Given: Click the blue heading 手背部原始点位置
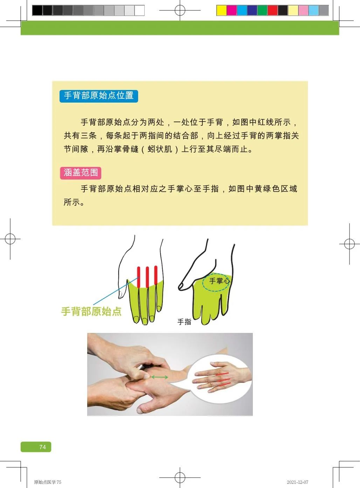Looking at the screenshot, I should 99,96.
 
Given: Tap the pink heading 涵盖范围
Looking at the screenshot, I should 81,173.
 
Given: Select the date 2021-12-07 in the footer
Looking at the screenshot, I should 297,482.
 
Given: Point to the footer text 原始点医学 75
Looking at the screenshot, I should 48,482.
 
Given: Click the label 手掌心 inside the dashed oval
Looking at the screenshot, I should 219,281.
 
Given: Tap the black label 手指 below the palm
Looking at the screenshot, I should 184,322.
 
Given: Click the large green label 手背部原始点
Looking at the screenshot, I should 91,311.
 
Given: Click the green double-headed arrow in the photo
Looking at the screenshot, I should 159,377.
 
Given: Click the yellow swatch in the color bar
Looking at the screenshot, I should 221,11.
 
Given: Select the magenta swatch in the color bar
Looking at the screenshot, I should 231,11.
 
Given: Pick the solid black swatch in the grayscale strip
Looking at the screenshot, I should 37,11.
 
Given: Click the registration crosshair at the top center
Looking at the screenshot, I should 180,10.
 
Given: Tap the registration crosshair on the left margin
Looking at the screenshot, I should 10,239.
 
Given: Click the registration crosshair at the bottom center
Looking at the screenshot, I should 180,477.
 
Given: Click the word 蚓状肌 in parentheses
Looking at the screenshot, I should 160,149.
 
